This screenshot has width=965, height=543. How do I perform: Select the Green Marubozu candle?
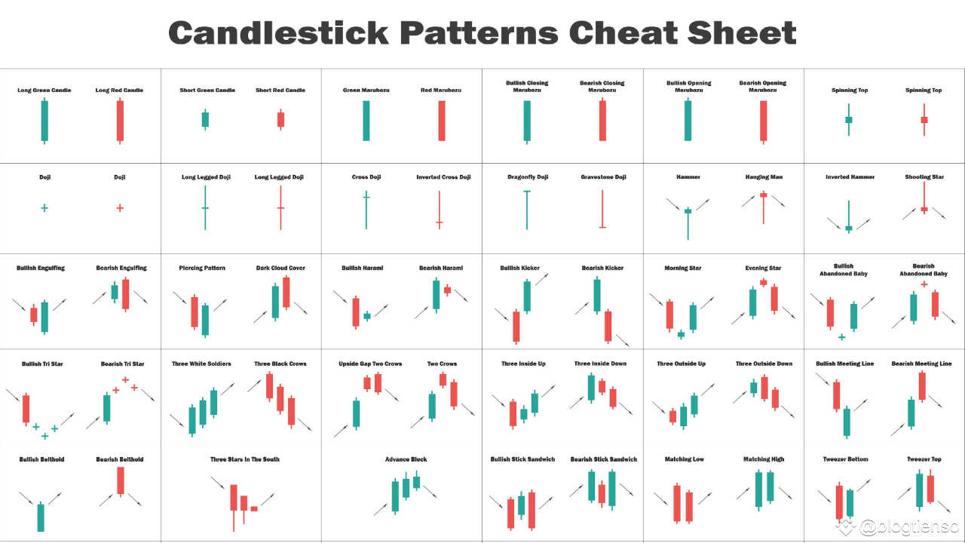tap(366, 121)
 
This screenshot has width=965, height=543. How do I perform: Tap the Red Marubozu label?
tap(441, 90)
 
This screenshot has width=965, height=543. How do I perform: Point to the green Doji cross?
tap(44, 207)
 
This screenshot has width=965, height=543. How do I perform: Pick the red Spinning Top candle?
tap(924, 119)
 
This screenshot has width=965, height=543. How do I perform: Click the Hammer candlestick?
tap(688, 212)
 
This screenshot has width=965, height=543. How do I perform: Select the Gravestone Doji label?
tap(603, 177)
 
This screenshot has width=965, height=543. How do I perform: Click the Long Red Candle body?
tap(120, 121)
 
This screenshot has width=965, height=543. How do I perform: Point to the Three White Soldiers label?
tap(201, 364)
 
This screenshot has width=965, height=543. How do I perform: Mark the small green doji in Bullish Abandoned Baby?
tap(841, 336)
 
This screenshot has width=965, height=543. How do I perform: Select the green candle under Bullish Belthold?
tap(41, 517)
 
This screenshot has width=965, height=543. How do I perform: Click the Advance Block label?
tap(406, 459)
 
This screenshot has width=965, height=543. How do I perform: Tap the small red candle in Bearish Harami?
tap(447, 290)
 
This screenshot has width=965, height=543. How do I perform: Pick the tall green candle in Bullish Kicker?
tap(527, 296)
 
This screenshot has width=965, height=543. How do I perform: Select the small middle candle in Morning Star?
tap(681, 334)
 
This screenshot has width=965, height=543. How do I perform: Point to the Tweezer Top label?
tap(924, 459)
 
